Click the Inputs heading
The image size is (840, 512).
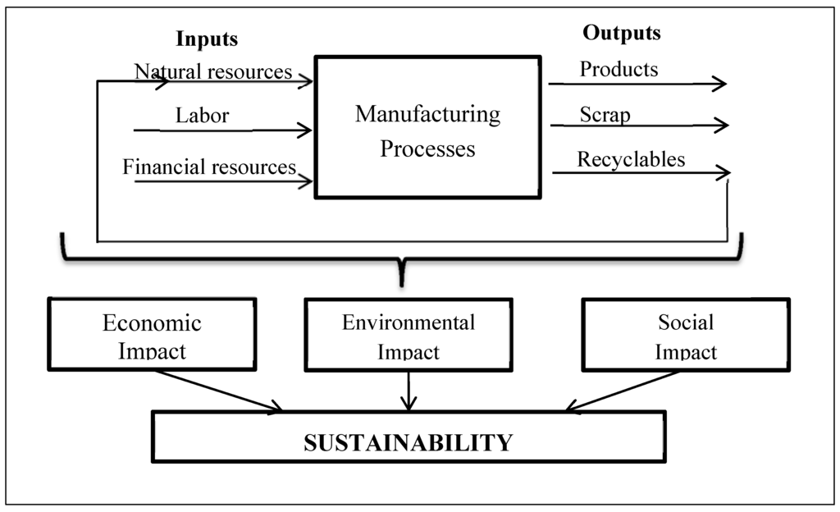pyautogui.click(x=207, y=39)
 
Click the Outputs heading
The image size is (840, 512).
pyautogui.click(x=621, y=33)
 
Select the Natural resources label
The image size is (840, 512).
pyautogui.click(x=213, y=71)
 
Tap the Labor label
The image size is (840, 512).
pyautogui.click(x=202, y=116)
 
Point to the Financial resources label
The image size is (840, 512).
pyautogui.click(x=209, y=167)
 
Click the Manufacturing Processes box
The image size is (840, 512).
pyautogui.click(x=427, y=127)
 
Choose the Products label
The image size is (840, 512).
pyautogui.click(x=619, y=69)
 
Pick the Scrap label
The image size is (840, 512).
pyautogui.click(x=605, y=114)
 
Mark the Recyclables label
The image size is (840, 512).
pyautogui.click(x=631, y=158)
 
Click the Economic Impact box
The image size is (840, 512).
pyautogui.click(x=152, y=334)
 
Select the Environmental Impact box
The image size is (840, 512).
pyautogui.click(x=408, y=334)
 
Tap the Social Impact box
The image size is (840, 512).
pyautogui.click(x=685, y=334)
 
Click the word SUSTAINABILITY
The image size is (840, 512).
pyautogui.click(x=408, y=443)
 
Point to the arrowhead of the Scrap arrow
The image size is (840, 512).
pyautogui.click(x=724, y=126)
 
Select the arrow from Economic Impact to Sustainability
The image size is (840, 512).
pyautogui.click(x=217, y=390)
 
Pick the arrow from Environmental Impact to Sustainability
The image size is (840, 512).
pyautogui.click(x=408, y=390)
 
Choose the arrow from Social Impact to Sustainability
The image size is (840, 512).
pyautogui.click(x=623, y=390)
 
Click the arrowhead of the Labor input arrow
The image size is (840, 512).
pyautogui.click(x=308, y=130)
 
